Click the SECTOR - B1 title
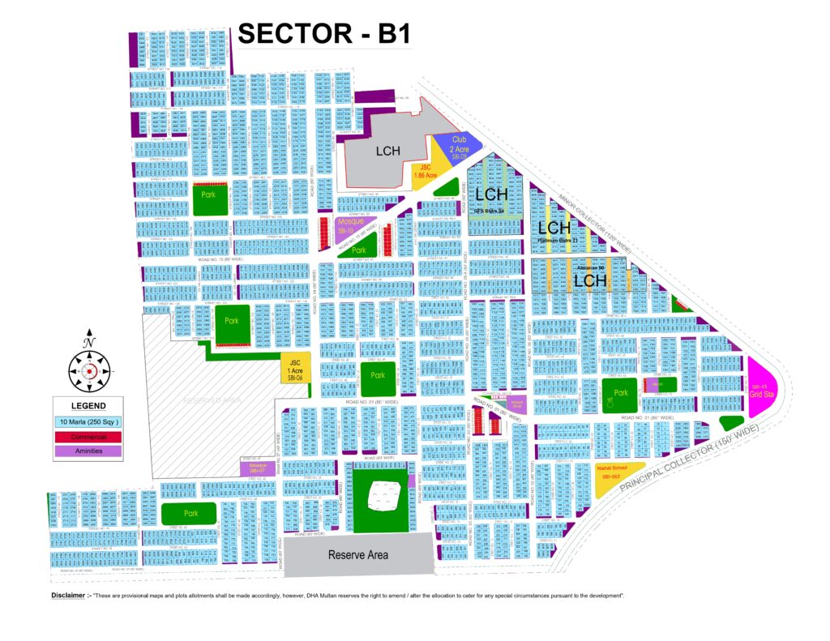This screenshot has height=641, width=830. tap(324, 34)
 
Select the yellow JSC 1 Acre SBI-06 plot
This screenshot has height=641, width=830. tap(293, 369)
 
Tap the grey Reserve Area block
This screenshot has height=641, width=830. tap(357, 555)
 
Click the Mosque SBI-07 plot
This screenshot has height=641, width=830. tap(258, 468)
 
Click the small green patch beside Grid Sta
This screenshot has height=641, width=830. tap(732, 422)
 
